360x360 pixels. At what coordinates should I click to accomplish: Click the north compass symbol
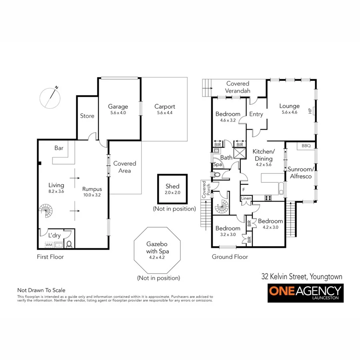click(x=51, y=97)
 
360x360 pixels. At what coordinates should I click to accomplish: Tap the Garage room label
click(x=118, y=106)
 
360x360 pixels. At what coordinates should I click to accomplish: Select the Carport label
click(x=164, y=106)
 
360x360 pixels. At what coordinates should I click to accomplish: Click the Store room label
click(x=87, y=116)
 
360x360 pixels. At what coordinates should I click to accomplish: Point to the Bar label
click(x=59, y=148)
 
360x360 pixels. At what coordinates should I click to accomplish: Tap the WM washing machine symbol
click(x=48, y=244)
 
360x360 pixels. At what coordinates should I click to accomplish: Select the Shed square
click(x=172, y=189)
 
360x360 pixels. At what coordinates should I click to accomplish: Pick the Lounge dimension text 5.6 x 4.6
click(x=289, y=113)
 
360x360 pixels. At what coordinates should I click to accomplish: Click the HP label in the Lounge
click(x=309, y=111)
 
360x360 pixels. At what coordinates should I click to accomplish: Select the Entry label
click(x=256, y=114)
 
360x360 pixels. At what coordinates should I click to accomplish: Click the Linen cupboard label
click(x=245, y=198)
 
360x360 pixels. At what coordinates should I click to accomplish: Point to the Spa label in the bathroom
click(x=218, y=164)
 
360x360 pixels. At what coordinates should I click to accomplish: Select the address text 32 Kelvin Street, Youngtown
click(x=302, y=276)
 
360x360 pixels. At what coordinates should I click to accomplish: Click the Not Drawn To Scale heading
click(x=41, y=290)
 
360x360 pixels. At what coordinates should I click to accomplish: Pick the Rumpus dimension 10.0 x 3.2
click(x=92, y=195)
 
